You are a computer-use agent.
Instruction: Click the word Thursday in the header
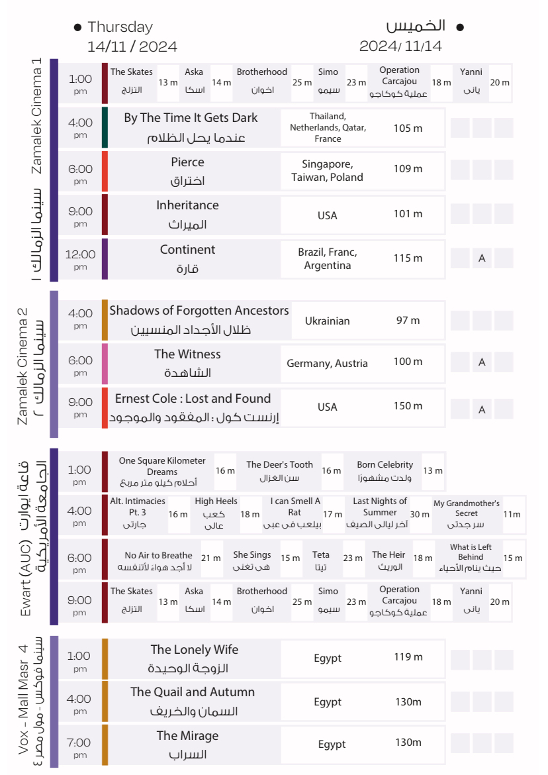click(x=120, y=27)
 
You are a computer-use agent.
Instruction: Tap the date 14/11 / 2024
click(x=132, y=47)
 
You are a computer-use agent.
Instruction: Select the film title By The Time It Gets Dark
click(x=191, y=118)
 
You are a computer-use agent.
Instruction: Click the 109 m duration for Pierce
click(x=408, y=169)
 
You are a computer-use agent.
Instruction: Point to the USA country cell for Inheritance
click(x=327, y=215)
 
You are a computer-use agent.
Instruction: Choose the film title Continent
click(x=187, y=250)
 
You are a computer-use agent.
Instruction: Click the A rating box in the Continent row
click(x=482, y=258)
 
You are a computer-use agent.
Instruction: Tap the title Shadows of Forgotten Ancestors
click(x=199, y=311)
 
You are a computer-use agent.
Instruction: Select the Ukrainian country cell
click(x=327, y=321)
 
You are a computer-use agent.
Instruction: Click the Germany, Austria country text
click(x=327, y=363)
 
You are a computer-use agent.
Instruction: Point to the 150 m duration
click(x=408, y=406)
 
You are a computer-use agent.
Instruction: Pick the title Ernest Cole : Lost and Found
click(x=193, y=399)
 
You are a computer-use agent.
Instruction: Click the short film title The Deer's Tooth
click(x=279, y=465)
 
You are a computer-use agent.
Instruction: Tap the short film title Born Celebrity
click(x=385, y=465)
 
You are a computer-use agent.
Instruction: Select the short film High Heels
click(x=216, y=501)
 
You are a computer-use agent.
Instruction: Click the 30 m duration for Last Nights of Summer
click(x=420, y=515)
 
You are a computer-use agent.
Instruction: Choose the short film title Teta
click(x=321, y=555)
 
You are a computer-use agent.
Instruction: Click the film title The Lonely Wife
click(x=194, y=650)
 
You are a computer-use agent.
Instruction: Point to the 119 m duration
click(x=408, y=657)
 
